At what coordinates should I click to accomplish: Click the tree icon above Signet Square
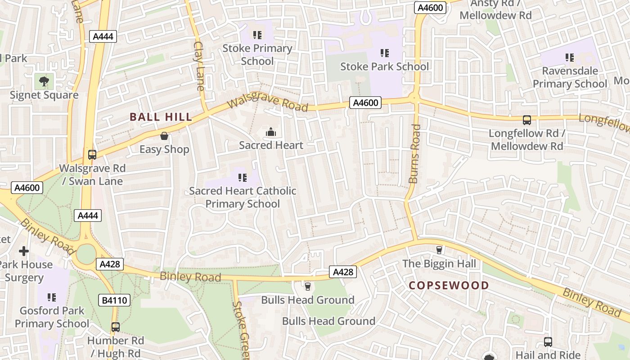(44, 81)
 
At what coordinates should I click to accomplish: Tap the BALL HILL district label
(161, 117)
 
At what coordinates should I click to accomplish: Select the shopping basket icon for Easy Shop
(164, 136)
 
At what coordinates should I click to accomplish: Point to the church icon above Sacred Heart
(271, 132)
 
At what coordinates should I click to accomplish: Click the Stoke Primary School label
(257, 54)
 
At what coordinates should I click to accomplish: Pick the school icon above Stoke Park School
(384, 53)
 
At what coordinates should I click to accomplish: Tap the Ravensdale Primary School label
(570, 77)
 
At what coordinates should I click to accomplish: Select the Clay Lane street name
(199, 66)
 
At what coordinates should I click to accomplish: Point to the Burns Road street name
(415, 153)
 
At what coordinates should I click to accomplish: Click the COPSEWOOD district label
(449, 285)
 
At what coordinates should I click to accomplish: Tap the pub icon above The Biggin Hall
(439, 250)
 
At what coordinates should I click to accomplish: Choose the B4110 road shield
(114, 300)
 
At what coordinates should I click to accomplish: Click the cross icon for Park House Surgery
(24, 251)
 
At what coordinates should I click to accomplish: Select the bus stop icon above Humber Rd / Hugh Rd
(116, 327)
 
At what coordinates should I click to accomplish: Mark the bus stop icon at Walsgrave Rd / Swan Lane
(92, 155)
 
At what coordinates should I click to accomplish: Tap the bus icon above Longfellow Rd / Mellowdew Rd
(526, 120)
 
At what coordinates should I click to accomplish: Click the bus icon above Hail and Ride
(548, 342)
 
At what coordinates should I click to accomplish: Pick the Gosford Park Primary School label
(52, 317)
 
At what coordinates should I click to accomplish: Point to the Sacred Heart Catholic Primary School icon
(242, 178)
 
